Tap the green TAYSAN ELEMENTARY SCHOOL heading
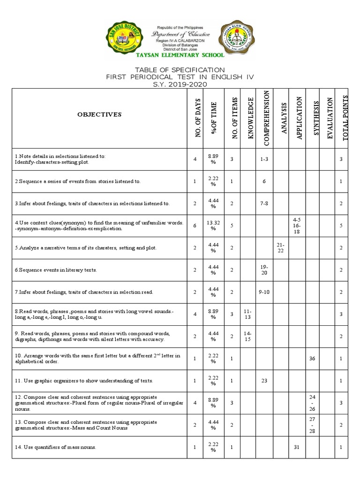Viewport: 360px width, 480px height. click(180, 55)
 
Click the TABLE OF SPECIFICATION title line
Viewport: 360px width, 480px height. click(180, 70)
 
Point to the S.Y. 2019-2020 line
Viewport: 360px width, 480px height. click(180, 84)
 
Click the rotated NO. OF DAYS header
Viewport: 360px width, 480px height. click(197, 118)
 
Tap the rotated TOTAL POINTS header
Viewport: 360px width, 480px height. click(345, 117)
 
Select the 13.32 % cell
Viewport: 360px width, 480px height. click(213, 225)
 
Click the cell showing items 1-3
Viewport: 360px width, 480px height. click(264, 159)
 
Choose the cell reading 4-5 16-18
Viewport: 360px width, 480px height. click(297, 225)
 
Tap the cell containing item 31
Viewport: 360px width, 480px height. click(296, 447)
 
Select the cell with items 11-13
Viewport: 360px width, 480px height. click(247, 314)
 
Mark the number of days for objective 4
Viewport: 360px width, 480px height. click(195, 225)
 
